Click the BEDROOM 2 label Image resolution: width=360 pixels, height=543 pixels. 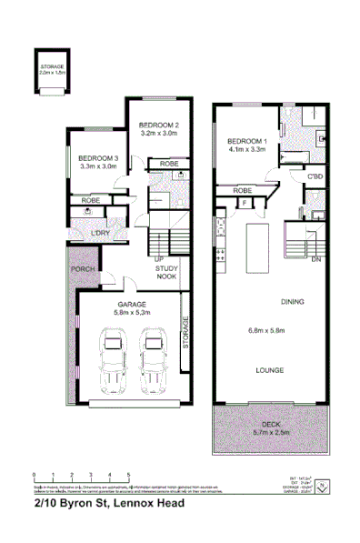[x=158, y=125]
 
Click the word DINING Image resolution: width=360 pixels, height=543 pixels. [x=292, y=301]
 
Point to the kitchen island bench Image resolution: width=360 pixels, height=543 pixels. [x=259, y=245]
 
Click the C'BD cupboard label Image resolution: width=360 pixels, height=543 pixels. [x=315, y=176]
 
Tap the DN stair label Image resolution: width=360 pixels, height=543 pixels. [x=316, y=260]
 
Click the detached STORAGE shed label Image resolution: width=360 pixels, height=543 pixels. [x=51, y=67]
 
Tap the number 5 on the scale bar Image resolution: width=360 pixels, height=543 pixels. [x=127, y=476]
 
